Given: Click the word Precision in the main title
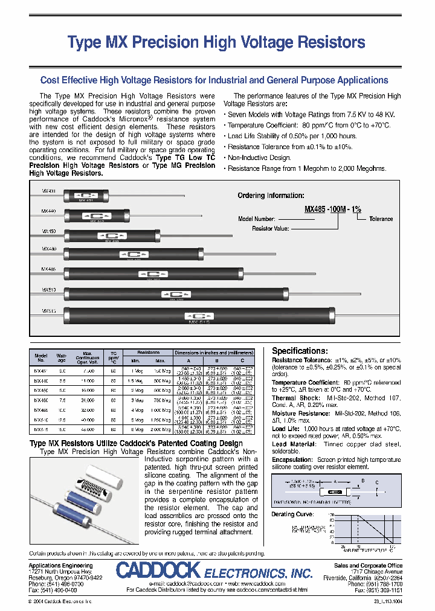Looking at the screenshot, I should (x=163, y=43).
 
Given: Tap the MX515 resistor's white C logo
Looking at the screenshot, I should (x=195, y=315).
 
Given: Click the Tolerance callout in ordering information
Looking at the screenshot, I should (x=381, y=219).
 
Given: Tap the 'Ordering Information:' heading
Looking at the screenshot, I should (x=270, y=196).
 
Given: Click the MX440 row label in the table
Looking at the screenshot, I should (x=41, y=380).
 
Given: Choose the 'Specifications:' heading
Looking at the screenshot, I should (x=300, y=351).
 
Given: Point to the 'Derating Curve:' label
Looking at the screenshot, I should (x=293, y=514).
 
